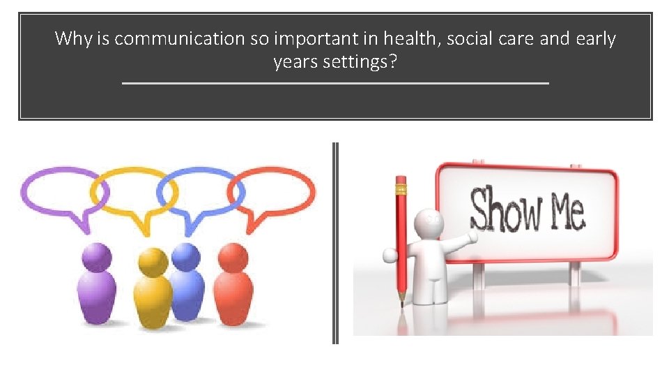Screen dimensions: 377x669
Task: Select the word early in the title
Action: [595, 38]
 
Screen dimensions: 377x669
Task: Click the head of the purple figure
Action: [95, 258]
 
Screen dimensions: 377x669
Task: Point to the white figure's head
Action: [427, 223]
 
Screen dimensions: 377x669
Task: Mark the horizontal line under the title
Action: [335, 83]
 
